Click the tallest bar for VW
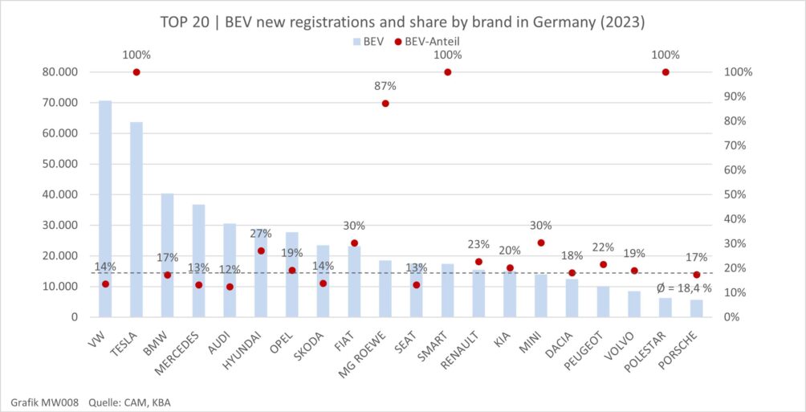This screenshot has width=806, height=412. (105, 209)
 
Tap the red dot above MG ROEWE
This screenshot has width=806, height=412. (385, 104)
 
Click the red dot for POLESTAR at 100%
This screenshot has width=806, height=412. (666, 72)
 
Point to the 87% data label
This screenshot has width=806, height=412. (385, 86)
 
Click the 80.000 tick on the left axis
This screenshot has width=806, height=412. (60, 72)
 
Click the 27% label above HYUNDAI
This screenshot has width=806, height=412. (261, 234)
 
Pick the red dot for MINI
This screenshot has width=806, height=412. (541, 243)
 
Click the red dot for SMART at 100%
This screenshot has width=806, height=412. (448, 72)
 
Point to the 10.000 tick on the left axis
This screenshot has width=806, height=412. (60, 287)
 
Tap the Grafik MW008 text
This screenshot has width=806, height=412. (44, 402)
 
